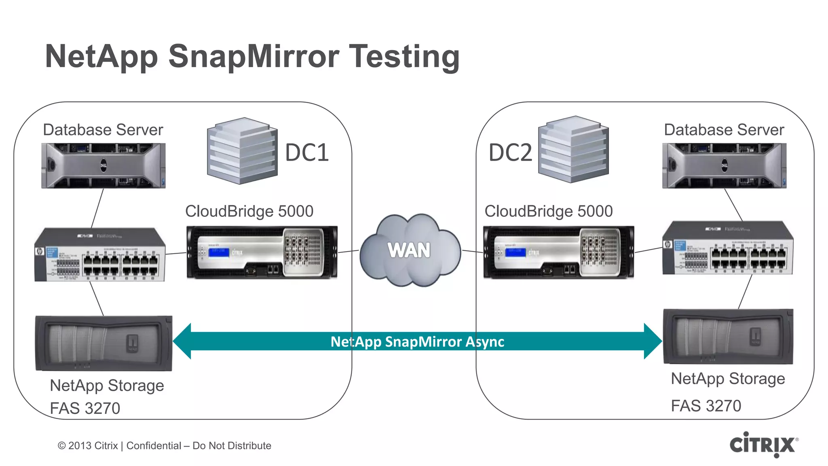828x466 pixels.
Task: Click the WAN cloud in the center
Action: pos(410,250)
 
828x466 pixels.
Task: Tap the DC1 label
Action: pos(307,153)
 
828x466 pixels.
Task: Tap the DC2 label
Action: pos(510,153)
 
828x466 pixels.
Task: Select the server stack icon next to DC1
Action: pos(242,150)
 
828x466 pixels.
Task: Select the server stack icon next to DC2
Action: pos(573,149)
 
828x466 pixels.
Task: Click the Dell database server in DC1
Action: pos(103,165)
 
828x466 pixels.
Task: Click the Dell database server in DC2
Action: pos(724,165)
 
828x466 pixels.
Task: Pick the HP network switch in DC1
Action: pos(100,254)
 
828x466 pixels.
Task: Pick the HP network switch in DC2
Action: pos(728,248)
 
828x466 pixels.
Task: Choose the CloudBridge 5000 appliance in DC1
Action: pos(262,252)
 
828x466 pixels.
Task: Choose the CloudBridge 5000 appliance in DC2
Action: pos(558,252)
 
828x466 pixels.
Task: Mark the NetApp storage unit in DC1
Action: pos(104,343)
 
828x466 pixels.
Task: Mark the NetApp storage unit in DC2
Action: pos(728,337)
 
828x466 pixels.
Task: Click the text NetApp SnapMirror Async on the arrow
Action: pos(417,342)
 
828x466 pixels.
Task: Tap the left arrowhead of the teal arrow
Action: pos(183,341)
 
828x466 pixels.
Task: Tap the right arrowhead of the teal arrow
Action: pos(653,341)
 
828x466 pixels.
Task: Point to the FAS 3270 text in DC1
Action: pos(85,408)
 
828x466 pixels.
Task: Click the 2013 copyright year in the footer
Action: pos(80,446)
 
